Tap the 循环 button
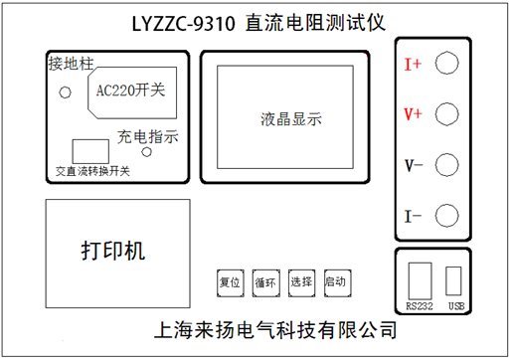pos(265,281)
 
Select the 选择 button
pos(301,281)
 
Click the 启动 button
pos(336,281)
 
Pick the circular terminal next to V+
pos(447,113)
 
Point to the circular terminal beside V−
pos(447,164)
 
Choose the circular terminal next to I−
pos(447,214)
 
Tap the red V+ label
pos(414,114)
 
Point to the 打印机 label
pos(112,251)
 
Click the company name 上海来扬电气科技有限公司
pos(269,329)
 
